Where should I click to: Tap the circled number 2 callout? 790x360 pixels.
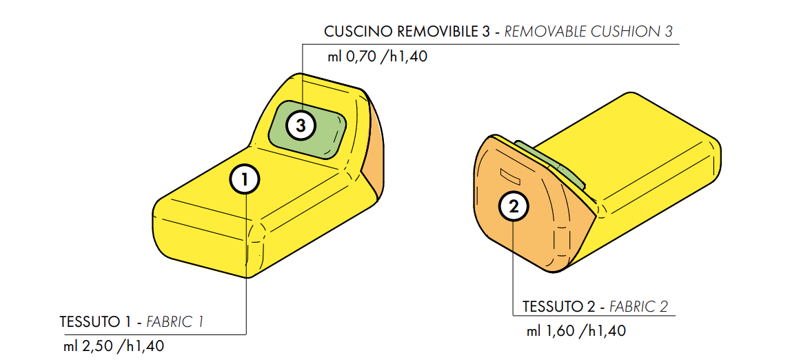pos(514,206)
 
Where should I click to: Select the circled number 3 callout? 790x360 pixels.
pos(301,126)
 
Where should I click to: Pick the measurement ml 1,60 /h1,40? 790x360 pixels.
pos(576,331)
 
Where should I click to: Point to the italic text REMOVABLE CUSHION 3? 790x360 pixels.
pos(589,32)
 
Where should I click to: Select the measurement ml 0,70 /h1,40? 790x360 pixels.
pos(377,57)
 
